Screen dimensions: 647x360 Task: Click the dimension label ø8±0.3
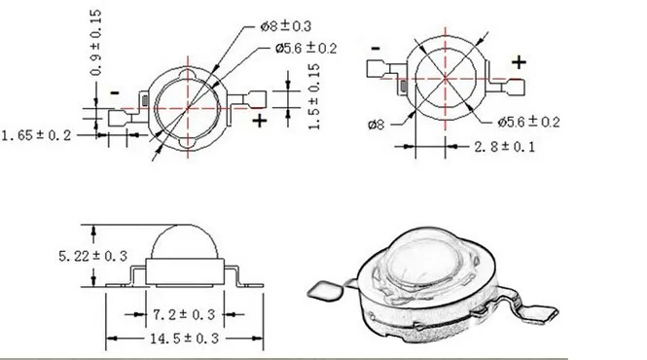tap(285, 26)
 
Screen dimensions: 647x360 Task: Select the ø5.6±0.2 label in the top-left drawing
tap(306, 49)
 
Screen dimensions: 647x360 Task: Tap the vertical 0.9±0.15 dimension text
tap(95, 43)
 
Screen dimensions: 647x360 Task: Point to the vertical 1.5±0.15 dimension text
tap(314, 96)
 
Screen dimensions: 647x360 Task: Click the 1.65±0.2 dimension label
tap(37, 135)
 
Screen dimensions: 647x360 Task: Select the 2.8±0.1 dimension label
tap(504, 147)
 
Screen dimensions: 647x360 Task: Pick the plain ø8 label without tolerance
tap(376, 125)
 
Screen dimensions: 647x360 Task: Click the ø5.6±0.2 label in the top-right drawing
tap(528, 122)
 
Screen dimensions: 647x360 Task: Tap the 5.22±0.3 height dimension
tap(92, 256)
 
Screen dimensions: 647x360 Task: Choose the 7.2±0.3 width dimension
tap(184, 315)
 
